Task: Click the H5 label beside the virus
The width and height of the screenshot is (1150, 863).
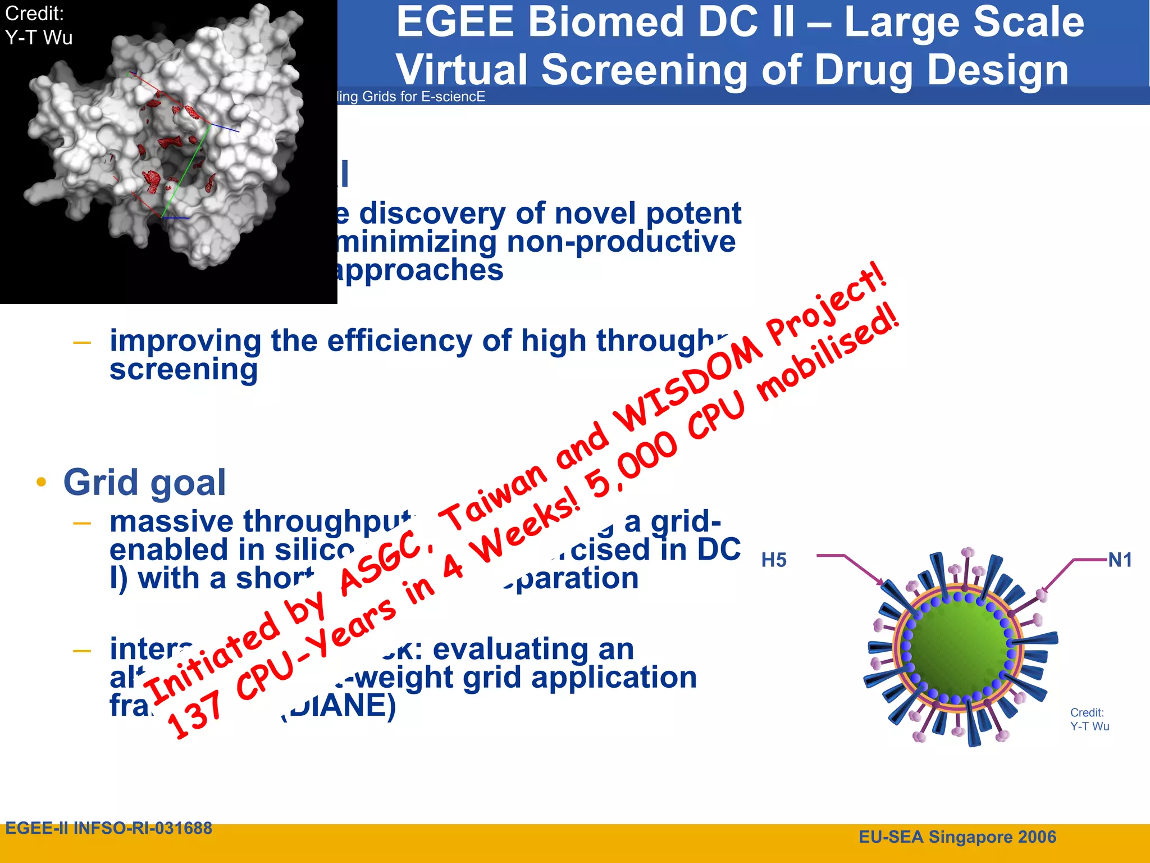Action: tap(774, 560)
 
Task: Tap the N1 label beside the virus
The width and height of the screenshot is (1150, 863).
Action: tap(1120, 560)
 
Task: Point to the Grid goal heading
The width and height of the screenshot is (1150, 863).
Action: tap(144, 482)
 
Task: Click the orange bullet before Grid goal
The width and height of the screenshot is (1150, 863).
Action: tap(41, 482)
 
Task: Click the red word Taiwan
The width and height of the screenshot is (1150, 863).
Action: tap(494, 498)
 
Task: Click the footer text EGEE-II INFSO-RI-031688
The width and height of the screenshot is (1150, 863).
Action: tap(109, 828)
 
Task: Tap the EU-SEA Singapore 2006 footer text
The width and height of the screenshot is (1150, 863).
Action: tap(957, 837)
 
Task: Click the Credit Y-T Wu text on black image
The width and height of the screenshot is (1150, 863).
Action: tap(38, 26)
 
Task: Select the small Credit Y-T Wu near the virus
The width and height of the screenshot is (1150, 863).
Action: tap(1089, 719)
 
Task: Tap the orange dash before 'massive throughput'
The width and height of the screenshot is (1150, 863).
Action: tap(82, 524)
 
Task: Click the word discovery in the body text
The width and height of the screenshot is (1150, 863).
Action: tap(432, 213)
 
